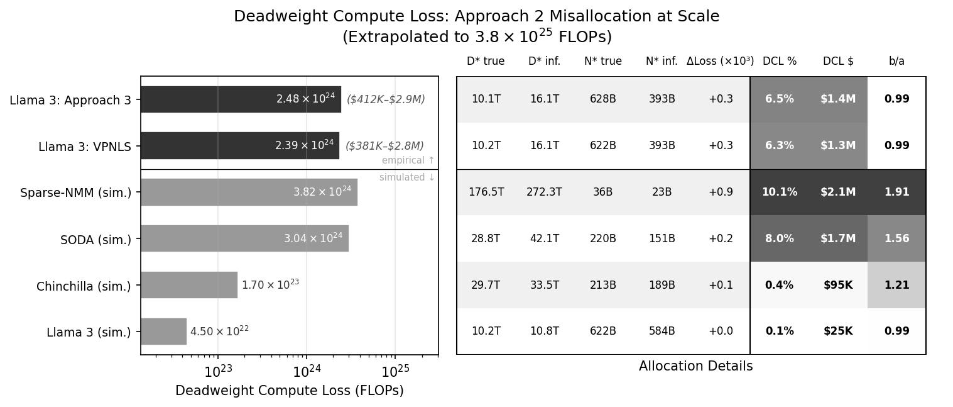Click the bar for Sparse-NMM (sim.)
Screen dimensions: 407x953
point(249,192)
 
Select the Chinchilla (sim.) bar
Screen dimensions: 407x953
point(189,285)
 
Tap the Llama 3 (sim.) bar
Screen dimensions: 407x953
point(163,332)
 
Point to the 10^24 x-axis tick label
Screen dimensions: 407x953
point(307,372)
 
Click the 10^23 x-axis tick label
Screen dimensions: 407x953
point(217,372)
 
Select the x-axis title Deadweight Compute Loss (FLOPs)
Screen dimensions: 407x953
point(289,391)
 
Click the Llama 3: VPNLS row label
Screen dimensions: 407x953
point(85,147)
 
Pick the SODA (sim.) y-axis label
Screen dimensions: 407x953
point(95,240)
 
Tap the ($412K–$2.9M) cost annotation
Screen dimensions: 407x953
point(386,99)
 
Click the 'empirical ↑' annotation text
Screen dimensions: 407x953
point(408,160)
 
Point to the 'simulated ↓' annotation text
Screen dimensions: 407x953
point(407,177)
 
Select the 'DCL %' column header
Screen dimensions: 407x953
point(779,61)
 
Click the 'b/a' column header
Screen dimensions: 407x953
point(896,61)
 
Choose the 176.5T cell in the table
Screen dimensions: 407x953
point(486,192)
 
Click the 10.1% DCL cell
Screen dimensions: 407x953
point(779,192)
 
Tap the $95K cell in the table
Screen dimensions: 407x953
point(838,285)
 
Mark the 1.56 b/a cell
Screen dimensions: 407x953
point(896,238)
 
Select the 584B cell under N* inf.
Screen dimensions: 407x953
point(662,332)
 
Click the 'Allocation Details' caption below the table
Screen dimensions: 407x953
point(695,366)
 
